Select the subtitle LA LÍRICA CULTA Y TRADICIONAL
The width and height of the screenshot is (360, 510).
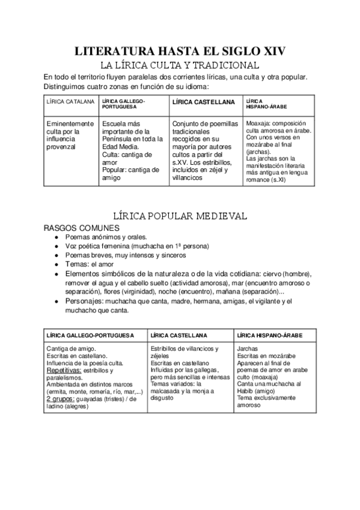180,65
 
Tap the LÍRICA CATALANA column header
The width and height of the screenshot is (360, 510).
70,102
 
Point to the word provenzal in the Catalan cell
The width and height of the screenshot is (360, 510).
61,147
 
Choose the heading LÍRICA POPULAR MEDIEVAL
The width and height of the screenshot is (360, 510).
180,216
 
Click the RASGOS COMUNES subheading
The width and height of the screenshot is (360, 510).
82,229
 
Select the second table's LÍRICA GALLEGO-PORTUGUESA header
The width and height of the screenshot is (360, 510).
90,335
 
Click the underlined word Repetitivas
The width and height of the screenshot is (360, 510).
63,371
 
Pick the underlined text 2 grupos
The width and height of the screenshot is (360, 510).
60,398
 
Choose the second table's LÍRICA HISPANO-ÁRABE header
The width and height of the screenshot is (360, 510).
270,335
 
